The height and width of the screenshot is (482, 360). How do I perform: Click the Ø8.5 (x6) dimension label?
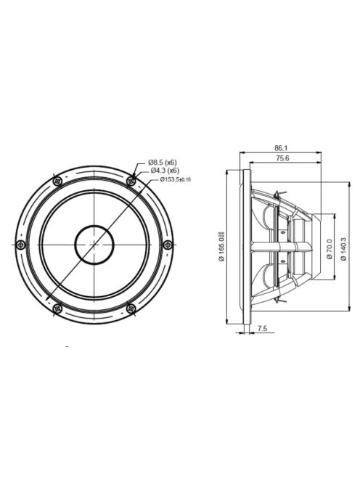(x=163, y=162)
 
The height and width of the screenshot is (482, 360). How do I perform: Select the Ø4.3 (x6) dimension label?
(x=165, y=170)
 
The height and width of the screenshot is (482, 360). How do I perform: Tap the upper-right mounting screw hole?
(x=131, y=179)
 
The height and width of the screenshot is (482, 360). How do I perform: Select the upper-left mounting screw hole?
(x=56, y=179)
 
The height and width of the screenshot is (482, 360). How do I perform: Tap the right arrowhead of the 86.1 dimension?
(x=322, y=152)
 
